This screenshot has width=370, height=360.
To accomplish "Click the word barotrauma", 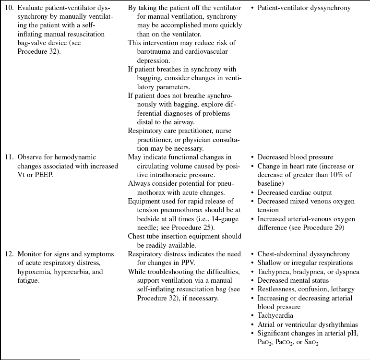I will point(147,51).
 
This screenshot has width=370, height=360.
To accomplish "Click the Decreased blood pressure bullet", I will point(295,157).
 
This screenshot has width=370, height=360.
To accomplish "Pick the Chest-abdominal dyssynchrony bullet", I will point(304,254).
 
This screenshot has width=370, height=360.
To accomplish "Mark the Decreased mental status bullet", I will point(293,280).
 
